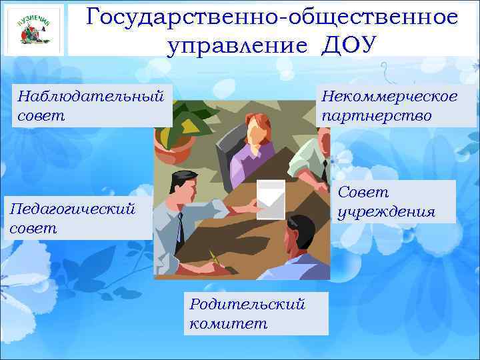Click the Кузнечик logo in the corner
34,29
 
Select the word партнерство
377,115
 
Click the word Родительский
247,304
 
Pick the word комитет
228,324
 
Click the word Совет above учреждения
363,192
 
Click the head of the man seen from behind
300,233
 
